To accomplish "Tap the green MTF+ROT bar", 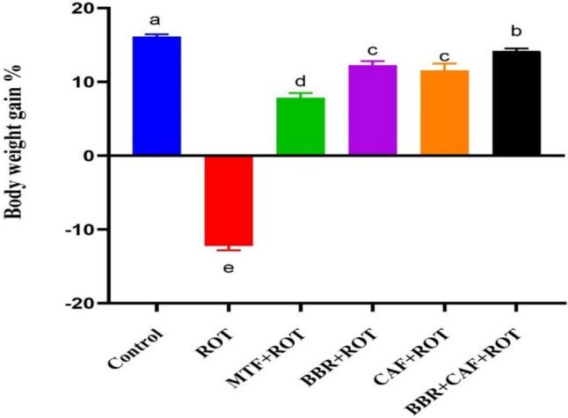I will [x=301, y=127].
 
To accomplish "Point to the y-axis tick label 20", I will [x=86, y=9].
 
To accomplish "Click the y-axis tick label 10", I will [x=86, y=82].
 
